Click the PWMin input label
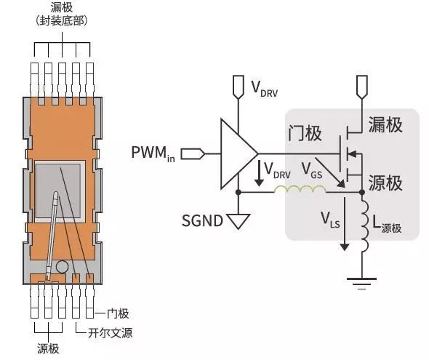(x=153, y=153)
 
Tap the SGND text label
(x=202, y=220)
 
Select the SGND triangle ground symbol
(x=238, y=221)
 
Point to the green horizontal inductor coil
(x=300, y=189)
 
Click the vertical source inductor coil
(x=365, y=225)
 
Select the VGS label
(x=312, y=170)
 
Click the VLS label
(x=330, y=220)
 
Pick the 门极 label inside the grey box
(x=305, y=133)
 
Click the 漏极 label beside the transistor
(x=385, y=125)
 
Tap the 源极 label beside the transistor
(x=385, y=183)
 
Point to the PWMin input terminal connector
(x=193, y=153)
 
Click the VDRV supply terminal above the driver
(x=238, y=87)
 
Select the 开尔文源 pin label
(x=110, y=333)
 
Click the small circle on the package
(x=62, y=267)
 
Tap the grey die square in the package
(x=58, y=191)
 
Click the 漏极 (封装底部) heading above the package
(x=62, y=15)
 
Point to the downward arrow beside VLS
(x=345, y=224)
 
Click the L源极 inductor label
(x=387, y=225)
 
